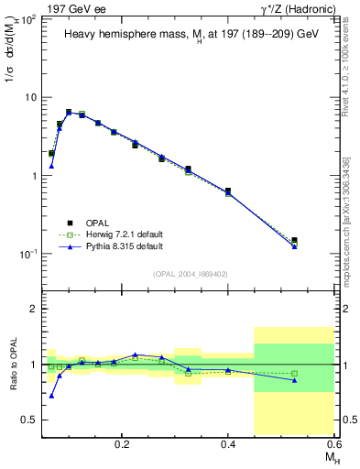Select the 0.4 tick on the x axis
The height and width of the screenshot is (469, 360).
point(228,442)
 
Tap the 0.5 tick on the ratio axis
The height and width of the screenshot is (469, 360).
point(30,420)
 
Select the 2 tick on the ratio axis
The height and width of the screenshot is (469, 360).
point(34,309)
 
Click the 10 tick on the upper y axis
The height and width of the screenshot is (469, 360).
point(29,97)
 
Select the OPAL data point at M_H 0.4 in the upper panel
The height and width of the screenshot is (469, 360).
point(228,191)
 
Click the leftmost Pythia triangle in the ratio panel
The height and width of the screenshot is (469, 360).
point(51,396)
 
